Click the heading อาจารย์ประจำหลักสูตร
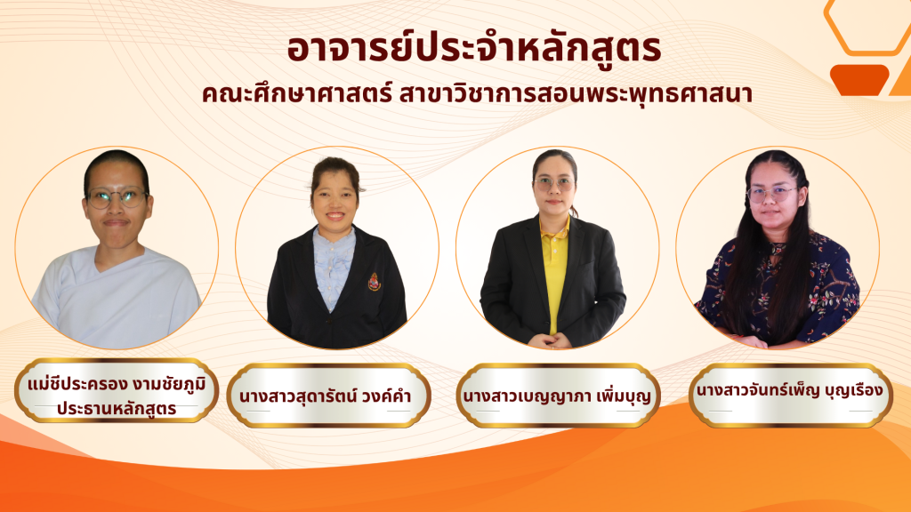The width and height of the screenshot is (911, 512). click(x=474, y=48)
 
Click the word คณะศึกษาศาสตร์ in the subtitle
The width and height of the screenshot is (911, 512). click(x=297, y=94)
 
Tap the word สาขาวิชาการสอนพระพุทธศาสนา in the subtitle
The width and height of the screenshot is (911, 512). click(x=576, y=94)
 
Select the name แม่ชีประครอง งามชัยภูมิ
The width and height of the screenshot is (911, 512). click(x=117, y=384)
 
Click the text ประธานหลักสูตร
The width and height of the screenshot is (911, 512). click(x=117, y=408)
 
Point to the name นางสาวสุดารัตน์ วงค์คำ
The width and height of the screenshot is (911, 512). click(x=326, y=396)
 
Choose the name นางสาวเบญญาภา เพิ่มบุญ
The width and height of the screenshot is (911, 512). click(x=556, y=396)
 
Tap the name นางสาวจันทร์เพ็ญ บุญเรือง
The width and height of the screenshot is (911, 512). click(x=789, y=391)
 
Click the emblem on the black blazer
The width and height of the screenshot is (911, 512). click(x=375, y=282)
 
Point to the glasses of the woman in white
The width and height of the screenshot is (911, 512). click(x=117, y=198)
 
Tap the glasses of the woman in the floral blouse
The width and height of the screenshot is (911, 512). click(x=770, y=194)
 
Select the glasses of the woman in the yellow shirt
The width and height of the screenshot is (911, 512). click(x=553, y=185)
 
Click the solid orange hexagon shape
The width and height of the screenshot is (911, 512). click(x=859, y=80)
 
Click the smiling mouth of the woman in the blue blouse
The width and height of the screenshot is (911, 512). click(x=335, y=216)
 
